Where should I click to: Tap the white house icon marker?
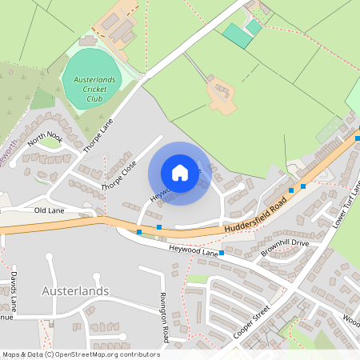[180, 173]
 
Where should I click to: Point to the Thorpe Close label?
[119, 175]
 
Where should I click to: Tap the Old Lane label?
[50, 210]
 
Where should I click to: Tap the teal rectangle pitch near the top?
[237, 35]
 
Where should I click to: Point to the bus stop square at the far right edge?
[358, 138]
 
